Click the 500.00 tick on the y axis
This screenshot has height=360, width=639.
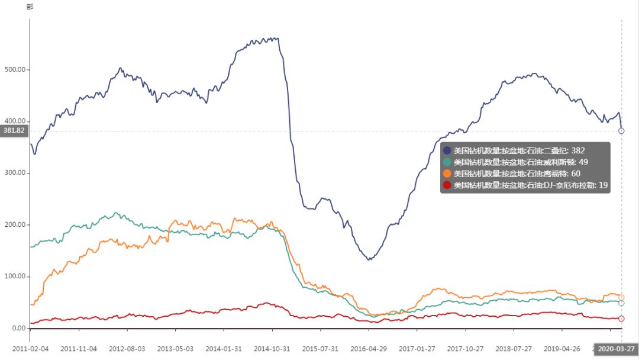15,69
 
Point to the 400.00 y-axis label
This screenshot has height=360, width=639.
15,121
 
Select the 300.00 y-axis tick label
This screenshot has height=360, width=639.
15,173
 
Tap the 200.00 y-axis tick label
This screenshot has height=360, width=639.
15,225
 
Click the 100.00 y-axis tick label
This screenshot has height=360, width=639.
15,277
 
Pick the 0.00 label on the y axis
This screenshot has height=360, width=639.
18,328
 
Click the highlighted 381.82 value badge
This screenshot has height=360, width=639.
14,130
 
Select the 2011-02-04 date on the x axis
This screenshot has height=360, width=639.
30,349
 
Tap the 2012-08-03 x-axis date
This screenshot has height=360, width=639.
127,349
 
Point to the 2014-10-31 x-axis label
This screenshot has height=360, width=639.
272,349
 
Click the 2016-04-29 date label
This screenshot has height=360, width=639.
369,349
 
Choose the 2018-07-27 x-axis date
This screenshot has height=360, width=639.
514,349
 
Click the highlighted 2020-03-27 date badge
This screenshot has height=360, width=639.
615,349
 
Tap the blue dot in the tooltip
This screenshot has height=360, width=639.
447,150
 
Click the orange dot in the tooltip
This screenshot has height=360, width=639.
447,173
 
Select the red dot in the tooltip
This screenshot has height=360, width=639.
447,185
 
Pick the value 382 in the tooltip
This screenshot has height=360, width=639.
577,150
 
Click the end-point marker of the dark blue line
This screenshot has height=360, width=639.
621,131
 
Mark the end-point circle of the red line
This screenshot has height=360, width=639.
621,319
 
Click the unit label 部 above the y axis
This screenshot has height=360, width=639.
30,7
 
